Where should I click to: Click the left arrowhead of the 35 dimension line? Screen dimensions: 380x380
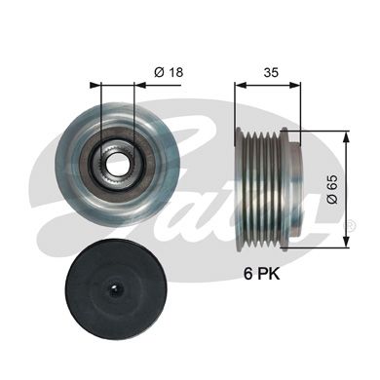(239, 85)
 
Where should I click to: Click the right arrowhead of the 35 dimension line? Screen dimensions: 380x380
(296, 85)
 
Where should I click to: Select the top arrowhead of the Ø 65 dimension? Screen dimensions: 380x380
(348, 130)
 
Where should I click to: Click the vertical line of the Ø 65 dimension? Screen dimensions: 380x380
(348, 156)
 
